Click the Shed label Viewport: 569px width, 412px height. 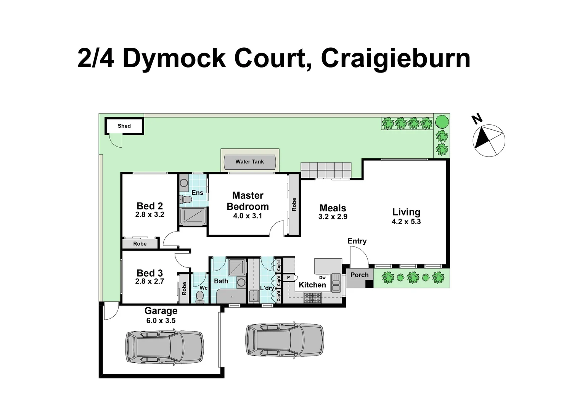tap(124, 126)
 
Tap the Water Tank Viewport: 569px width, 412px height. tap(249, 162)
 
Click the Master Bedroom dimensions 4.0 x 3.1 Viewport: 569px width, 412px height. tap(248, 216)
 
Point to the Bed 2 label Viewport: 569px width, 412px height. tap(149, 206)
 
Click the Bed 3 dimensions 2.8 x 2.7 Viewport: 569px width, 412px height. tap(149, 282)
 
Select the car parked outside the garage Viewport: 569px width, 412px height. tap(284, 341)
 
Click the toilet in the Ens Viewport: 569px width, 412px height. tap(186, 199)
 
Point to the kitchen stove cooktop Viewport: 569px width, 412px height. tap(312, 298)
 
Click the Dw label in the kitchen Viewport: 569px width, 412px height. tap(322, 278)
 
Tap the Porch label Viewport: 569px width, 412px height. tap(359, 275)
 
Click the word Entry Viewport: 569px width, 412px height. tap(357, 241)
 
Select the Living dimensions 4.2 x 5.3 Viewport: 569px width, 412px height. tap(406, 222)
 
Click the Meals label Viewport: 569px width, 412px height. tap(333, 208)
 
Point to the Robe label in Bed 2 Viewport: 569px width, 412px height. tap(140, 244)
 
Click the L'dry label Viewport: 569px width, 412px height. tap(267, 288)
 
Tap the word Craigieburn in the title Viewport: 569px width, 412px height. tap(395, 58)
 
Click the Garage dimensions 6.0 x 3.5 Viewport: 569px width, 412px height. tap(161, 321)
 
